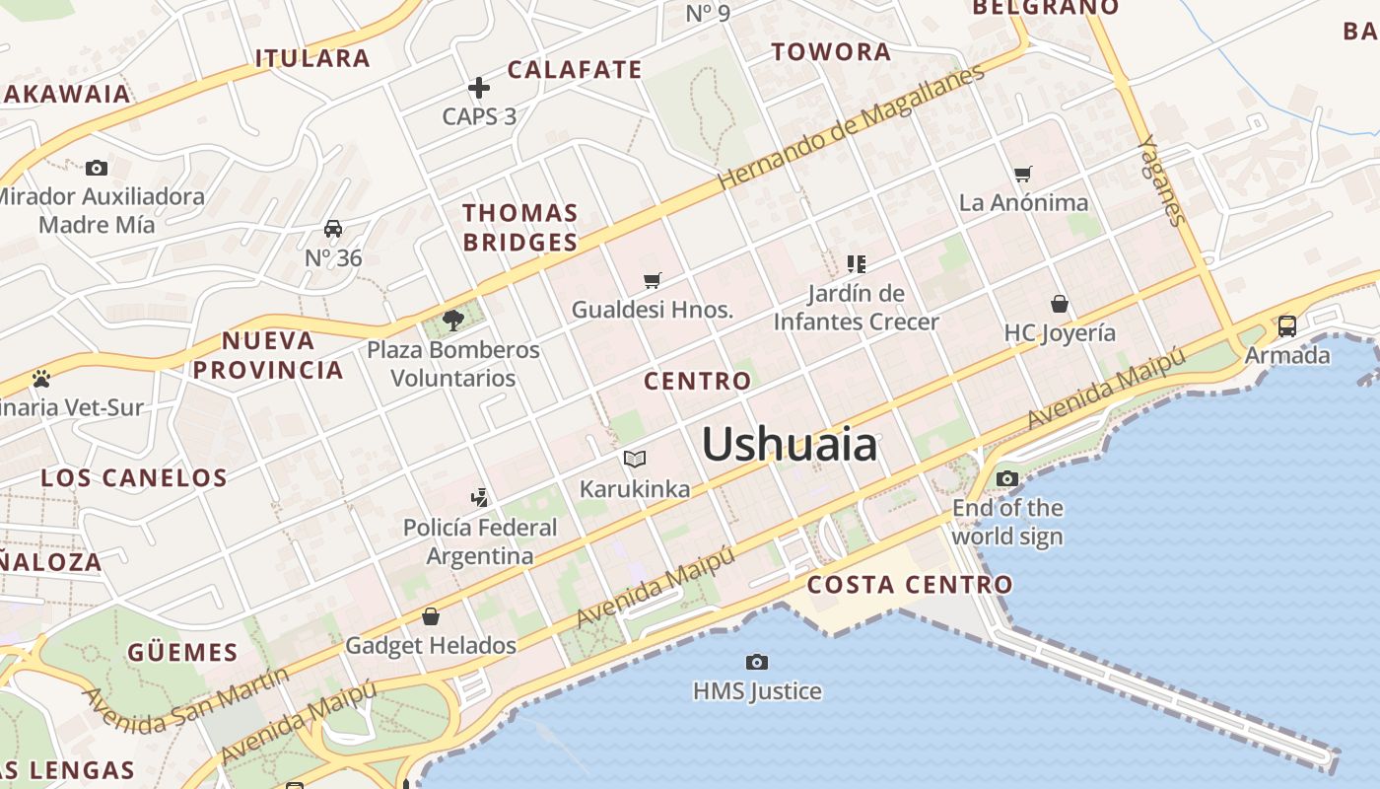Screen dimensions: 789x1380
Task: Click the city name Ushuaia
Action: pyautogui.click(x=789, y=445)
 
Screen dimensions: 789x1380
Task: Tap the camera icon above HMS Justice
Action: pyautogui.click(x=757, y=662)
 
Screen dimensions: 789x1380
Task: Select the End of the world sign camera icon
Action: pyautogui.click(x=1006, y=479)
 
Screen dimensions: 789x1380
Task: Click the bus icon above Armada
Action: pyautogui.click(x=1286, y=325)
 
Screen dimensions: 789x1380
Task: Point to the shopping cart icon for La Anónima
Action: pyautogui.click(x=1023, y=175)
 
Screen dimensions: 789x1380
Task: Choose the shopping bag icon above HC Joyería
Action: pyautogui.click(x=1060, y=304)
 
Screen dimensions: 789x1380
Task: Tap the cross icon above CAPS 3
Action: pyautogui.click(x=479, y=88)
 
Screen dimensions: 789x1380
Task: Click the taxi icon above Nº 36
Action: pyautogui.click(x=333, y=230)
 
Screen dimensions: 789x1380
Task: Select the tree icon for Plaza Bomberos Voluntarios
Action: pyautogui.click(x=453, y=320)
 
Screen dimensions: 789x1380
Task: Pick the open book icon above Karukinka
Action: pyautogui.click(x=635, y=459)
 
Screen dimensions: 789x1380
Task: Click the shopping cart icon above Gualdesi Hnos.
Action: pyautogui.click(x=652, y=281)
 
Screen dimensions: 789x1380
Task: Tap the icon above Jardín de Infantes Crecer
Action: pyautogui.click(x=856, y=263)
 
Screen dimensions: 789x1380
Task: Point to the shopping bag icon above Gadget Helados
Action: pyautogui.click(x=431, y=617)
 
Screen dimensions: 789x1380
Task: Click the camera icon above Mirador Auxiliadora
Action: pyautogui.click(x=97, y=168)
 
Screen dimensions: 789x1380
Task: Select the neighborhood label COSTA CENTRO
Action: pyautogui.click(x=910, y=585)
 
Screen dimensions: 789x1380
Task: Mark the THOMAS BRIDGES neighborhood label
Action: pyautogui.click(x=520, y=227)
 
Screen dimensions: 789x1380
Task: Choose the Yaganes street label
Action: pyautogui.click(x=1160, y=179)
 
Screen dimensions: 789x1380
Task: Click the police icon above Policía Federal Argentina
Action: pyautogui.click(x=479, y=497)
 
